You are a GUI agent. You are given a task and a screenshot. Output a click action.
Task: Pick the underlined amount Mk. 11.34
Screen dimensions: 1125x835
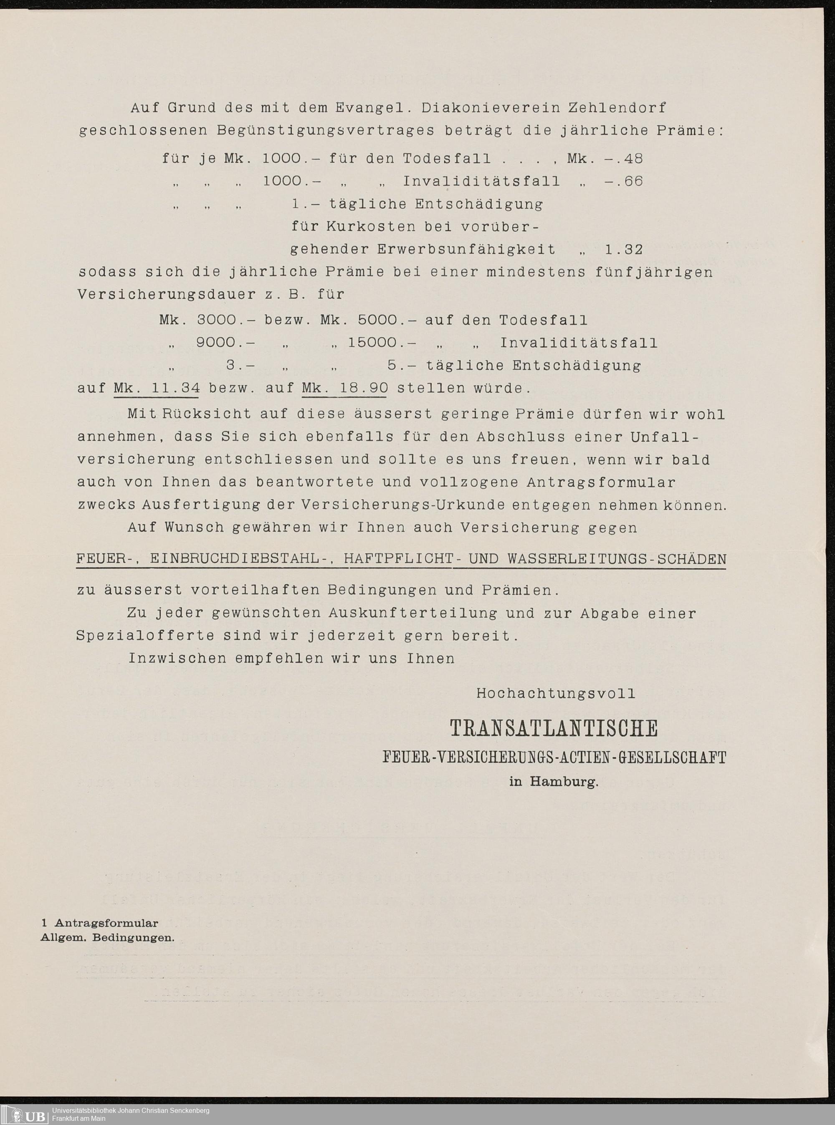pyautogui.click(x=156, y=389)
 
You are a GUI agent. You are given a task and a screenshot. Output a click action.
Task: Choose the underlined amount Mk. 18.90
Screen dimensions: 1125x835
pyautogui.click(x=345, y=389)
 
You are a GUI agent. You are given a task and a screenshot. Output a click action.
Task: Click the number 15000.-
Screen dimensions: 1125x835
pyautogui.click(x=382, y=343)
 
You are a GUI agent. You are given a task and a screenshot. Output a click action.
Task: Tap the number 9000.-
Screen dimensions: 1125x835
pyautogui.click(x=225, y=343)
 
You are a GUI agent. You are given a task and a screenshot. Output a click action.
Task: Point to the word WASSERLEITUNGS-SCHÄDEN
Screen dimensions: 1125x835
pyautogui.click(x=617, y=559)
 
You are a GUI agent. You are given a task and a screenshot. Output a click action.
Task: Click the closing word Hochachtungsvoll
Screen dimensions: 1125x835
pyautogui.click(x=556, y=693)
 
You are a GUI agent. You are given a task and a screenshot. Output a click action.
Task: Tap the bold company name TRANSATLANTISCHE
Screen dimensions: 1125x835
pyautogui.click(x=554, y=729)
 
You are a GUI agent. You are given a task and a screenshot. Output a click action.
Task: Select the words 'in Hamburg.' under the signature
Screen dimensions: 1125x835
pyautogui.click(x=554, y=782)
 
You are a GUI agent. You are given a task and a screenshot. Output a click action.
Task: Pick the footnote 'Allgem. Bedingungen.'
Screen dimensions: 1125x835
pyautogui.click(x=108, y=937)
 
